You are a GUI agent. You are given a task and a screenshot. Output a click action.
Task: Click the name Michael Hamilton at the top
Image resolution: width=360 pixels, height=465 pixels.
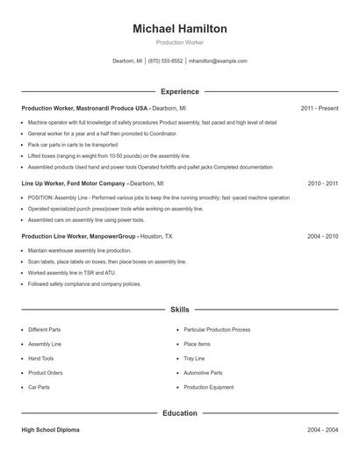coord(180,29)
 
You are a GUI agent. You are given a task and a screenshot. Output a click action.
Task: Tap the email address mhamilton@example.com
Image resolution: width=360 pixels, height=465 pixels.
coord(219,61)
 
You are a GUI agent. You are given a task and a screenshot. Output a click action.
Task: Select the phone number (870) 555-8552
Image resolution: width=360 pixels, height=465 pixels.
coord(165,61)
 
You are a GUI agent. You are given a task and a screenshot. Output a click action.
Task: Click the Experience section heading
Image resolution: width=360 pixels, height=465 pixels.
coord(180,91)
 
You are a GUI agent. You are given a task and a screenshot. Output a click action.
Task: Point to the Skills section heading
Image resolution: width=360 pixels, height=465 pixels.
coord(180,310)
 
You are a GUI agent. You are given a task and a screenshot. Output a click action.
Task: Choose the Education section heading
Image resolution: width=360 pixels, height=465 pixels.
coord(180,412)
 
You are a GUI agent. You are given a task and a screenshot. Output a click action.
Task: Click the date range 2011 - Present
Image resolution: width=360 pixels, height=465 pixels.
coord(320,108)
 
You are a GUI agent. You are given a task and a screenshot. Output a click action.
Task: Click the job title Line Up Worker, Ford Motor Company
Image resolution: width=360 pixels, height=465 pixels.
coord(74,183)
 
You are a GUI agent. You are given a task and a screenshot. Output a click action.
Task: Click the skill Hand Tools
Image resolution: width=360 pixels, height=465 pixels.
coord(41,358)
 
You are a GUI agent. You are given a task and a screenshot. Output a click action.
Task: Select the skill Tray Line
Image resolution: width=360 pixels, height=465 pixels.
coord(194,358)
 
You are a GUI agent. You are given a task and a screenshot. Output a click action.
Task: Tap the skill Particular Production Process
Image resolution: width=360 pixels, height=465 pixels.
coord(217,329)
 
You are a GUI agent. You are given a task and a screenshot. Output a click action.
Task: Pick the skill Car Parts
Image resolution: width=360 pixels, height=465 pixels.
coord(39,387)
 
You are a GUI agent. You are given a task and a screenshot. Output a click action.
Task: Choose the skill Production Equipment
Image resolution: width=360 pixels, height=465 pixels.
coord(209,387)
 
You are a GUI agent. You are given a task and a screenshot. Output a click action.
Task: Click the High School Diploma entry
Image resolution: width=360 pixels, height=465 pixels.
coord(52,431)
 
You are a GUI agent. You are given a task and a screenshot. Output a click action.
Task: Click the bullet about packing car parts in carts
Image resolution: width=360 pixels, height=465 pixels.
coord(72,143)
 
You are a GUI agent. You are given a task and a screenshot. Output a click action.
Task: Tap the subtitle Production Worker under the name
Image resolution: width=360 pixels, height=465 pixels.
coord(180,42)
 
